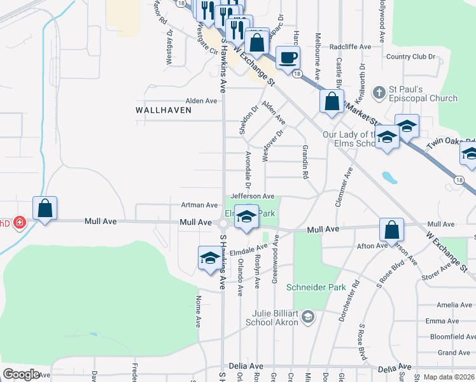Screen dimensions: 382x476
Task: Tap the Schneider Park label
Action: tap(316, 287)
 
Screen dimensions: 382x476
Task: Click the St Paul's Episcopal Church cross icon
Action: tap(379, 92)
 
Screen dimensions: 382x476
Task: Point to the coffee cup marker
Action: tap(288, 57)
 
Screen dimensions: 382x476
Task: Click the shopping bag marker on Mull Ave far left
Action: tap(45, 208)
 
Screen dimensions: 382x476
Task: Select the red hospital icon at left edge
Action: tap(20, 222)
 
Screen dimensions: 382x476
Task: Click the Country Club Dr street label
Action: tap(410, 57)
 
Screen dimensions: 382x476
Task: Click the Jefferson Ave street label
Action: tap(252, 196)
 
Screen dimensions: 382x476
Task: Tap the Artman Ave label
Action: tap(199, 205)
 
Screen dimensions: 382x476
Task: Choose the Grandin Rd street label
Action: tap(306, 160)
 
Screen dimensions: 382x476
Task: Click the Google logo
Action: tap(22, 374)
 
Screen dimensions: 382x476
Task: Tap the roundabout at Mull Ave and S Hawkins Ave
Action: tap(223, 223)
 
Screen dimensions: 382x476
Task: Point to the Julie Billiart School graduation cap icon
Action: tap(307, 316)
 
